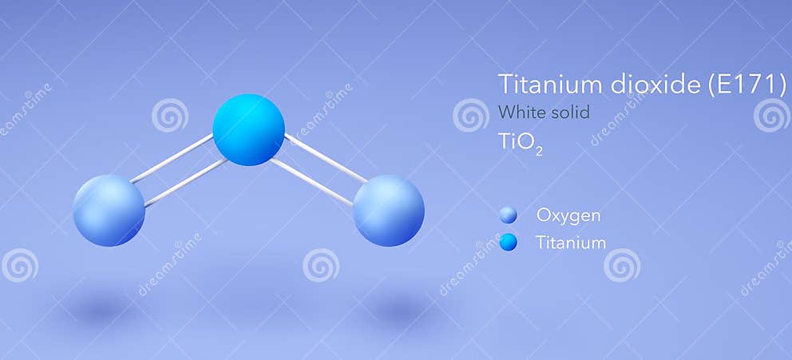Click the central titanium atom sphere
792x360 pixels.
pos(248,129)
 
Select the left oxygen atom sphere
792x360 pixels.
pos(109,210)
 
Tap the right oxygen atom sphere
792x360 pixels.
pos(388,210)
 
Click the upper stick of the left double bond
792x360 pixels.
pos(171,158)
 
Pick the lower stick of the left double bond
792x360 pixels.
pos(186,182)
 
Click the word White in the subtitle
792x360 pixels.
pos(520,113)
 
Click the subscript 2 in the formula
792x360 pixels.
pos(540,150)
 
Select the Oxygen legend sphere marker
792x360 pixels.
pos(508,215)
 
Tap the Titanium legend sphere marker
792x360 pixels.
pos(508,242)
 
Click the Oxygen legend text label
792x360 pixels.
pos(568,216)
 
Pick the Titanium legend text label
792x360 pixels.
pos(571,243)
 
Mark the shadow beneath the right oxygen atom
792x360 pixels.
pos(397,307)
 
